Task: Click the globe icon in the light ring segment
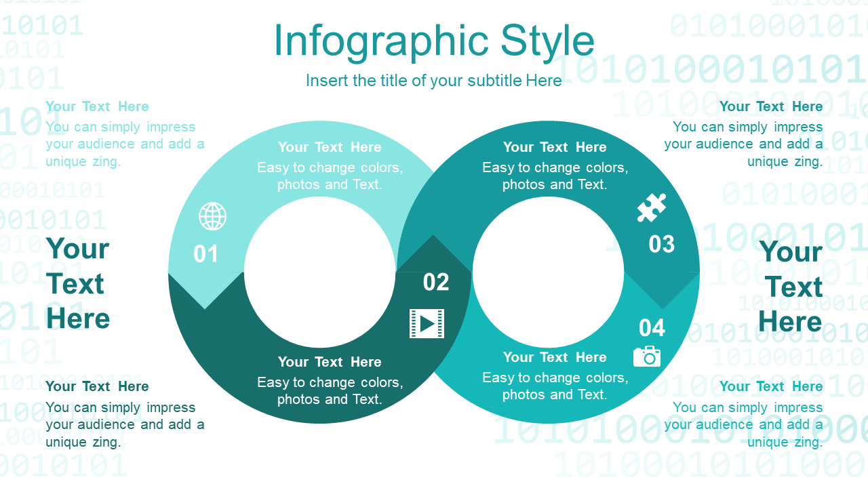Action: [x=212, y=216]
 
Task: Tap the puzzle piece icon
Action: [x=652, y=207]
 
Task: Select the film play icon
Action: [x=427, y=323]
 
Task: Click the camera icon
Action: [x=647, y=357]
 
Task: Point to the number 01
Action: [x=205, y=254]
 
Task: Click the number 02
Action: [x=436, y=282]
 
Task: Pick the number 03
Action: [x=661, y=244]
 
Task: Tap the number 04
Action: [x=652, y=327]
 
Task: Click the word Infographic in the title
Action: [x=381, y=41]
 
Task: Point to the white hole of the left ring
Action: [x=319, y=272]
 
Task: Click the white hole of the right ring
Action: [x=548, y=272]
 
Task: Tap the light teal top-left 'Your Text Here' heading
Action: [x=97, y=106]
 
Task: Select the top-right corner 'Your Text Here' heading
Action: [x=771, y=106]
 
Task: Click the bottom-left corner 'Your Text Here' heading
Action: [x=97, y=386]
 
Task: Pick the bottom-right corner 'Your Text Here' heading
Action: [x=771, y=386]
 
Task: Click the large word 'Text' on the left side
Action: [x=75, y=284]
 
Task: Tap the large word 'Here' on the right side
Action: [x=790, y=321]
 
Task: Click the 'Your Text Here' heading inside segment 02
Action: [x=330, y=362]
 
